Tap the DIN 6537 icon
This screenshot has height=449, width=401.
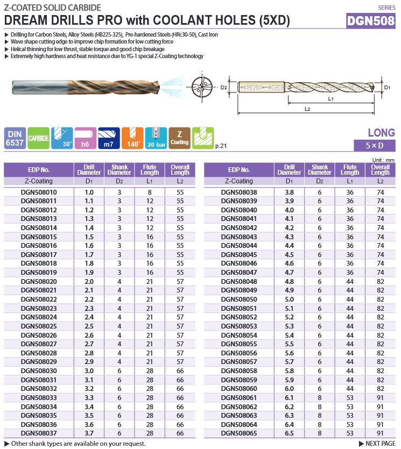[14, 138]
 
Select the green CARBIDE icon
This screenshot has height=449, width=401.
[39, 138]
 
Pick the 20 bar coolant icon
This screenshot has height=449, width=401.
[156, 138]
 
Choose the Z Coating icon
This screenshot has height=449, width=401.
[179, 138]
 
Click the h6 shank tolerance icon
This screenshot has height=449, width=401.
[85, 138]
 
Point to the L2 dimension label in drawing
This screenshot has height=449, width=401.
[307, 109]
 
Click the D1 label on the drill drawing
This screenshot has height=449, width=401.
[387, 87]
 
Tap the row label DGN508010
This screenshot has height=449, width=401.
[39, 192]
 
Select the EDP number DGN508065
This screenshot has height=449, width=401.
[239, 433]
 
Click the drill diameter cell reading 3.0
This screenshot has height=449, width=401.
[89, 370]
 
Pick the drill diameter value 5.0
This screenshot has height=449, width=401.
[290, 299]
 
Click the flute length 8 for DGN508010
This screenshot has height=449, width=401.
[150, 192]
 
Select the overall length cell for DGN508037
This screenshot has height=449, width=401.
[180, 433]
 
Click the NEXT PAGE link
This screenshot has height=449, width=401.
[380, 443]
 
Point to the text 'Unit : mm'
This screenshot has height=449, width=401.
[383, 160]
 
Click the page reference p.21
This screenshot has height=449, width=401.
[221, 146]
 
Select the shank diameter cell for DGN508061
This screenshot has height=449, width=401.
[320, 397]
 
